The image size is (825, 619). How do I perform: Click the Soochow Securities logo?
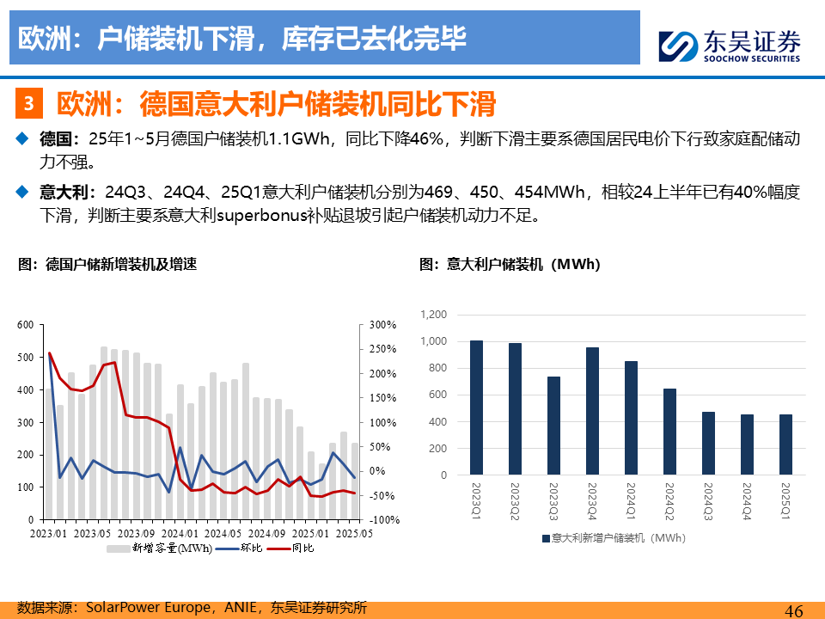(730, 46)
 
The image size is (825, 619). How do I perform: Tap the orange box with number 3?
(29, 103)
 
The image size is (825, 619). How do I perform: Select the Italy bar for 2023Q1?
(476, 408)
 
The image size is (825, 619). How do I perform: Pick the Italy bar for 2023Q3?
(553, 426)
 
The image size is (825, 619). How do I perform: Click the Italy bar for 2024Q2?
(669, 432)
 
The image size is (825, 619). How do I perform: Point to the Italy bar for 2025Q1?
(785, 444)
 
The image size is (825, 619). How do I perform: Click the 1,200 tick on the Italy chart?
(433, 315)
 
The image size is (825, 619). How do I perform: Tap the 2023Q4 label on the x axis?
(592, 501)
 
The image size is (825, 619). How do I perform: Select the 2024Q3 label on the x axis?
(708, 501)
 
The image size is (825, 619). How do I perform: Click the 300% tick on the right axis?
(382, 325)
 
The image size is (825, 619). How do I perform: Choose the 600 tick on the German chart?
(25, 325)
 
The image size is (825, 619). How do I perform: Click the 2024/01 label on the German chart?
(180, 533)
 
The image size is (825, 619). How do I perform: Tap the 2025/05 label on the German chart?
(354, 533)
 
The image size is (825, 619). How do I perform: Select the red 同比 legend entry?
(291, 548)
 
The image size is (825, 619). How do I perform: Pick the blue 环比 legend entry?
(239, 548)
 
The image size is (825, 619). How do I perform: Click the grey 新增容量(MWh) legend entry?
(160, 548)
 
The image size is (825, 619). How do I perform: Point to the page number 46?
(794, 610)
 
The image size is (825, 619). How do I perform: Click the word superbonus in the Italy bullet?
(262, 215)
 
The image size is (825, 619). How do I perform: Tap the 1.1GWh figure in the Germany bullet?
(299, 138)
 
